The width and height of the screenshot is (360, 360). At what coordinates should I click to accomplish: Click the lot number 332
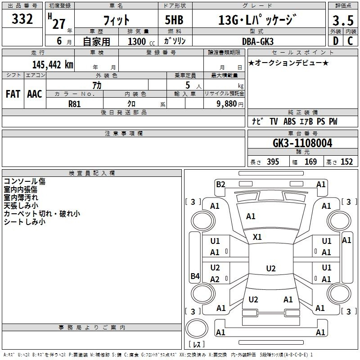pyautogui.click(x=22, y=19)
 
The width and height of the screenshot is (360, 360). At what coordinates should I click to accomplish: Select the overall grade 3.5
pyautogui.click(x=343, y=20)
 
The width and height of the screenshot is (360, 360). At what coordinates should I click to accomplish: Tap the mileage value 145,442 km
pyautogui.click(x=53, y=65)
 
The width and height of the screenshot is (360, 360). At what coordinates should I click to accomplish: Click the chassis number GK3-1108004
pyautogui.click(x=302, y=143)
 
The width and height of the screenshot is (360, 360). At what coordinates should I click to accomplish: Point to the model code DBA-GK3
pyautogui.click(x=258, y=41)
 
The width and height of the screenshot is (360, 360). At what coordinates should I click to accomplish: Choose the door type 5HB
pyautogui.click(x=174, y=20)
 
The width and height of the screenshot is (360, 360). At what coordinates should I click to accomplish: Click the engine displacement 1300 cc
pyautogui.click(x=141, y=41)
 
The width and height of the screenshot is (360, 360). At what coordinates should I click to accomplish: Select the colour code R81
pyautogui.click(x=74, y=104)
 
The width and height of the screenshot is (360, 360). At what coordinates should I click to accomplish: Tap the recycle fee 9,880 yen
pyautogui.click(x=230, y=104)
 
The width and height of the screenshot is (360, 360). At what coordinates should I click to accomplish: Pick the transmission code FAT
pyautogui.click(x=13, y=94)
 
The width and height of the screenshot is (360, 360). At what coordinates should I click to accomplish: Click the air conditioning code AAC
pyautogui.click(x=35, y=94)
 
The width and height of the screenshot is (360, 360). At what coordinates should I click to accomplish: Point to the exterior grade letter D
pyautogui.click(x=336, y=41)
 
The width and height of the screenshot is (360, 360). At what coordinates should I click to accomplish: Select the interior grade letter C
pyautogui.click(x=350, y=41)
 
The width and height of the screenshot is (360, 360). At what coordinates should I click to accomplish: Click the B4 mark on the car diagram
pyautogui.click(x=195, y=276)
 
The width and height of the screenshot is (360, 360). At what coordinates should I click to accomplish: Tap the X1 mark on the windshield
pyautogui.click(x=257, y=237)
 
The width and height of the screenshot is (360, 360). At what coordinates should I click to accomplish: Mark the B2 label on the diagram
pyautogui.click(x=220, y=184)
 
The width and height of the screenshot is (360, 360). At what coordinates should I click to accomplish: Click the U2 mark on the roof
pyautogui.click(x=271, y=268)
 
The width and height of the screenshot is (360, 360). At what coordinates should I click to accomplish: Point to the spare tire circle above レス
pyautogui.click(x=197, y=328)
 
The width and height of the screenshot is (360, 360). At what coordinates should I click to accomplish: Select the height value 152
pyautogui.click(x=346, y=162)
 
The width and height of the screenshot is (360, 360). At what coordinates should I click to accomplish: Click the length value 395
pyautogui.click(x=273, y=162)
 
